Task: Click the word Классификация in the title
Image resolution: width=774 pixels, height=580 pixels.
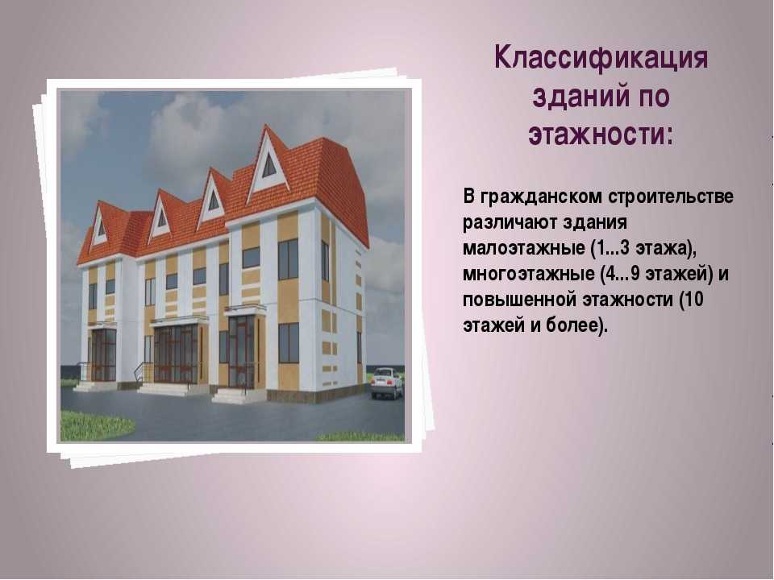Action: pos(601,59)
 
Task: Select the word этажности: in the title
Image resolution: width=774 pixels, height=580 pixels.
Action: pos(601,134)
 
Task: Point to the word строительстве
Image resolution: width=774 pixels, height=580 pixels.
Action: pos(671,197)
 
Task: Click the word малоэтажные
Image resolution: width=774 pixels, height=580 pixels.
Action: pos(524,248)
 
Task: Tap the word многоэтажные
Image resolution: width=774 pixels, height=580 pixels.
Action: pos(529,274)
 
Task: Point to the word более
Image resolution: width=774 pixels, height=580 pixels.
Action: pos(572,325)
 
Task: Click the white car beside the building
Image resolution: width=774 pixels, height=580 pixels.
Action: pos(387,383)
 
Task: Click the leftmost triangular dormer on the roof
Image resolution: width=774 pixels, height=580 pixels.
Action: pos(100,226)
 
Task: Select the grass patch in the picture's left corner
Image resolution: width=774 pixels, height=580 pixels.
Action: pos(95,425)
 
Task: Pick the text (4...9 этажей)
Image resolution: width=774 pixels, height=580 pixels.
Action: pos(657,274)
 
